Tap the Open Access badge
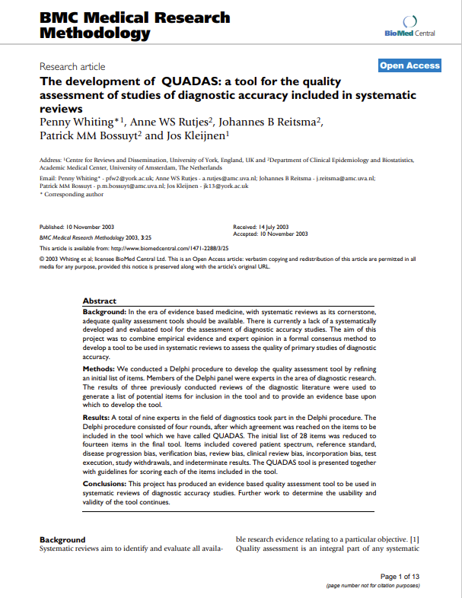pos(409,65)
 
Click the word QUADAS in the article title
pos(193,81)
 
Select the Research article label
pos(72,67)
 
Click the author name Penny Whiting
pos(75,121)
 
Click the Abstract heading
pos(100,301)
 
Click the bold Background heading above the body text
pos(62,539)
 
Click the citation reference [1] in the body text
pos(415,539)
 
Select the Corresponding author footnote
pos(72,195)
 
